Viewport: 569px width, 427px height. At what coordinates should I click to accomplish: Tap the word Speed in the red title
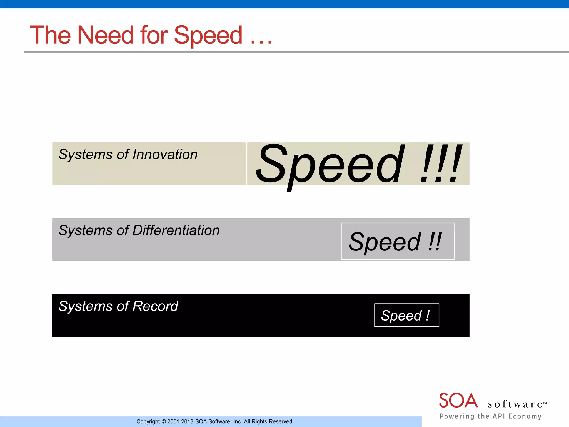[x=208, y=36]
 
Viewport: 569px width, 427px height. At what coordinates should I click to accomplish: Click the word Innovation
[x=165, y=154]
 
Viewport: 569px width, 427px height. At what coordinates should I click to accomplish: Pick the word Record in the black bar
[x=155, y=306]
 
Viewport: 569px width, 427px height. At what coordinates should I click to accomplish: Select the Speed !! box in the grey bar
[x=397, y=241]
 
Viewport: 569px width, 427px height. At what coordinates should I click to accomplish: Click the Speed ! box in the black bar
[x=406, y=315]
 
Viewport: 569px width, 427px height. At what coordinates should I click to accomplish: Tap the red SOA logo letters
[x=458, y=401]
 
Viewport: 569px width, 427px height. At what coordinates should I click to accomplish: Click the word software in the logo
[x=515, y=404]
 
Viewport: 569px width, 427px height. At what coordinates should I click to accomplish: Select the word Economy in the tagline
[x=525, y=416]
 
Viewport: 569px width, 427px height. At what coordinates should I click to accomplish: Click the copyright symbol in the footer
[x=163, y=422]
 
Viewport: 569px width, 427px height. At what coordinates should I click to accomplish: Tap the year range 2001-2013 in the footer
[x=180, y=422]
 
